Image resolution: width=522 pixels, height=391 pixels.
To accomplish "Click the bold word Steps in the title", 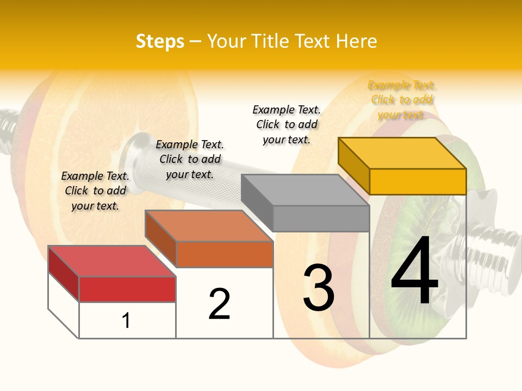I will tap(160, 41).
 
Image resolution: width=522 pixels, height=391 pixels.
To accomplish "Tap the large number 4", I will tap(414, 272).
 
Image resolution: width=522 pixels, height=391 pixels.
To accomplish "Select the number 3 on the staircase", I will tap(318, 288).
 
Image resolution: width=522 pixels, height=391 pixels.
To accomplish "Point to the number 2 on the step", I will tap(219, 304).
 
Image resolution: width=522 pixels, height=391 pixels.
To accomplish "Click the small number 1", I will tap(126, 320).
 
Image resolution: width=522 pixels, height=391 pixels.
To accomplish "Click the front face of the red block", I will tap(127, 289).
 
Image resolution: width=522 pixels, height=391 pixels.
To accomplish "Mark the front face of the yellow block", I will tap(418, 181).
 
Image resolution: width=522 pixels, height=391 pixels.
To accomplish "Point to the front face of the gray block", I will tap(321, 218).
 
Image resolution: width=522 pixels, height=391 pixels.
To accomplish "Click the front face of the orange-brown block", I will tap(224, 254).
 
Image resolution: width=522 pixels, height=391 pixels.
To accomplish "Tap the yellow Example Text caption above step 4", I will tap(402, 100).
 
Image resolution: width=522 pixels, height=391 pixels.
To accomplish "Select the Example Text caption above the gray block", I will tap(287, 124).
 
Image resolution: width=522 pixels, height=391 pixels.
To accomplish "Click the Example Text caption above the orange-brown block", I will tap(190, 159).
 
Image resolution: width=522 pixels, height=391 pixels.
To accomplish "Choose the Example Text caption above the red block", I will tap(95, 191).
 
